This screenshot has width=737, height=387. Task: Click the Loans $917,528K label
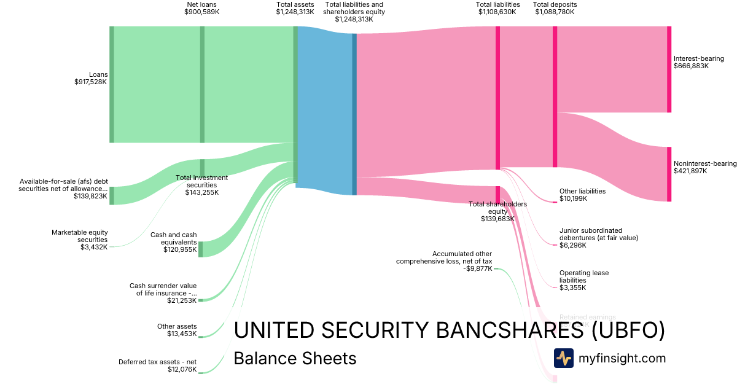click(x=90, y=78)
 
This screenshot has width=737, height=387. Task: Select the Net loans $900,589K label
click(x=202, y=8)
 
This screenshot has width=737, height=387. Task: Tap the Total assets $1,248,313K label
click(x=295, y=8)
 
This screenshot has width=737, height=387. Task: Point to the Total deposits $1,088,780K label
click(x=555, y=8)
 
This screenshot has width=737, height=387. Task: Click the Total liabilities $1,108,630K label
click(x=497, y=8)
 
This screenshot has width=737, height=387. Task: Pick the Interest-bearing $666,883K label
click(x=698, y=62)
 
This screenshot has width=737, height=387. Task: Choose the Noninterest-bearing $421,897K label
click(x=704, y=167)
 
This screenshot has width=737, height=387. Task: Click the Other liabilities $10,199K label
click(x=582, y=195)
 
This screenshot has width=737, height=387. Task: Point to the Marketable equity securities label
click(x=80, y=240)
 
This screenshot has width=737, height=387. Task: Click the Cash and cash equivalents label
click(x=174, y=242)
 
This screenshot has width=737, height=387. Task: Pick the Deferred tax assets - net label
click(x=158, y=365)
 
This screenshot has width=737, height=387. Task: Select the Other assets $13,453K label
click(x=177, y=330)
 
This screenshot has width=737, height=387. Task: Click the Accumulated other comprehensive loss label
click(x=444, y=260)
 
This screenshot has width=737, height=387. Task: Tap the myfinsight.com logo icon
click(x=563, y=358)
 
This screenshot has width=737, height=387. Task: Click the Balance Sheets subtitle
click(x=295, y=358)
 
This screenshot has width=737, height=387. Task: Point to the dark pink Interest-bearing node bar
click(x=669, y=69)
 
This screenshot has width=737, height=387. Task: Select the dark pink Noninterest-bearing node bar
click(x=669, y=174)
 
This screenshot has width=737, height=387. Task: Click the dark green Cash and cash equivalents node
click(x=201, y=249)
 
